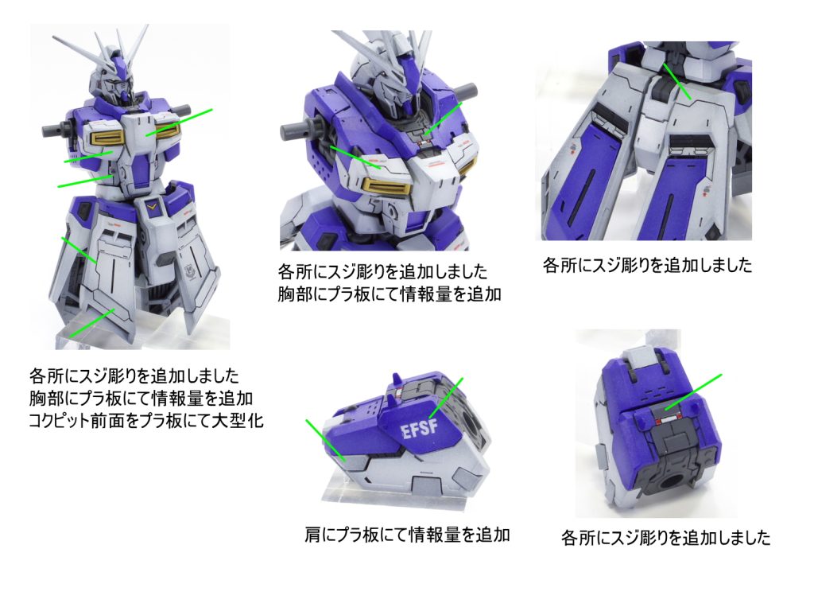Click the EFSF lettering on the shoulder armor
pos(420,430)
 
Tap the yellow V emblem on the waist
pos(152,207)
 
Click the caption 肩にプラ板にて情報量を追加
pos(407,534)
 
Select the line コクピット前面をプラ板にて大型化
pos(146,420)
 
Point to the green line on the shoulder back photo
pos(692,392)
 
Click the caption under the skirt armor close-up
pos(647,265)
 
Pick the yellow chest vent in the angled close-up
pos(387,185)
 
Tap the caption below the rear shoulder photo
pos(665,537)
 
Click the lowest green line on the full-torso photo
pos(91,323)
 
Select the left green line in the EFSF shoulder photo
pos(325,440)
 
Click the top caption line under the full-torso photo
pos(134,376)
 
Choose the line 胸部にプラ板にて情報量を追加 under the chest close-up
pos(390,294)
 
